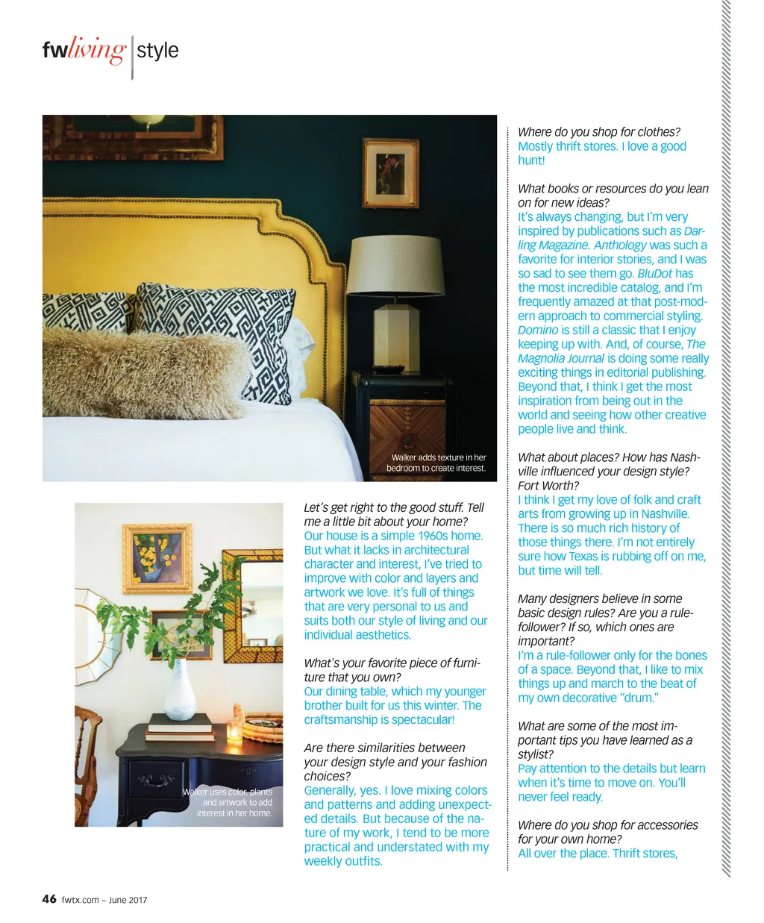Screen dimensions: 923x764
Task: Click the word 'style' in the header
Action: tap(157, 51)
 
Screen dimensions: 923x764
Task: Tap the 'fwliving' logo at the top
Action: tap(84, 50)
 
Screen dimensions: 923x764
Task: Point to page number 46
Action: tap(49, 898)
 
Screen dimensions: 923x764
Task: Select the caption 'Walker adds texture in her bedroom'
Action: tap(436, 463)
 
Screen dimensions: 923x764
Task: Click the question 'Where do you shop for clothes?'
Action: tap(598, 132)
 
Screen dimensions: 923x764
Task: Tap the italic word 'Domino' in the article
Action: tap(538, 330)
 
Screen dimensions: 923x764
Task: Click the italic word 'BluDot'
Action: tap(654, 273)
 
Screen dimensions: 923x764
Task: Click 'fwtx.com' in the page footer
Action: tap(80, 900)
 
